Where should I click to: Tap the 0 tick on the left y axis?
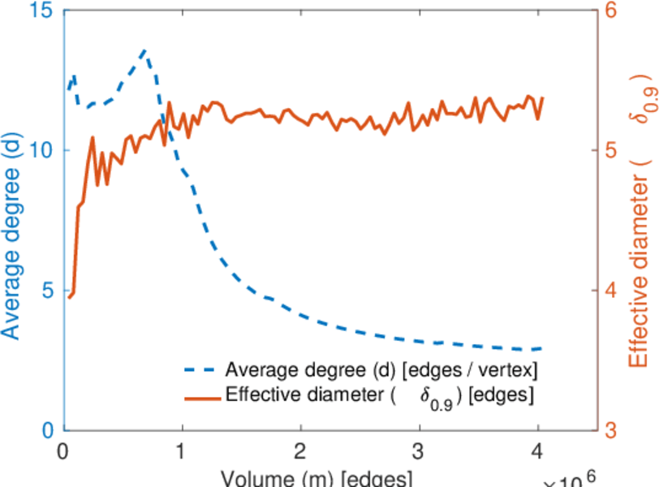47,430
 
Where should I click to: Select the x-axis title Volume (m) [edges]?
300,478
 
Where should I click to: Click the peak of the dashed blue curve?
144,50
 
